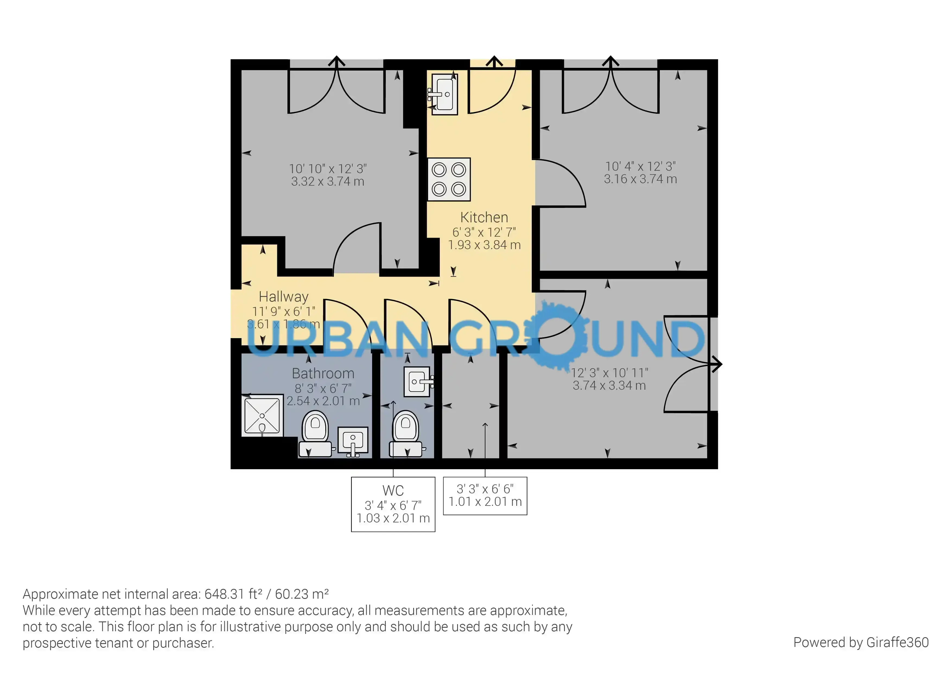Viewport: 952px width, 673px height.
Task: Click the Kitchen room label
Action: pyautogui.click(x=484, y=217)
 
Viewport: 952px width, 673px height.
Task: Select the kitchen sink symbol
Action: pyautogui.click(x=444, y=94)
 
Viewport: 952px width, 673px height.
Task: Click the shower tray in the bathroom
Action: pyautogui.click(x=262, y=415)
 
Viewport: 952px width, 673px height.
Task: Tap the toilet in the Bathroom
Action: pyautogui.click(x=315, y=434)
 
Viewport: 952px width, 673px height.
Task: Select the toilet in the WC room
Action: pyautogui.click(x=406, y=434)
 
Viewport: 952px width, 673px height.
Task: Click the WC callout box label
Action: pyautogui.click(x=393, y=491)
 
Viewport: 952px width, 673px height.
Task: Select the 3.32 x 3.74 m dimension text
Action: pyautogui.click(x=327, y=182)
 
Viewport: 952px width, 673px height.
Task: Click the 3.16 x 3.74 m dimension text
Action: pyautogui.click(x=640, y=179)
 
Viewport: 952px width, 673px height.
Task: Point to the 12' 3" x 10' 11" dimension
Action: pyautogui.click(x=610, y=373)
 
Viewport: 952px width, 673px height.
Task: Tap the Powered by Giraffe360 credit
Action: pyautogui.click(x=861, y=642)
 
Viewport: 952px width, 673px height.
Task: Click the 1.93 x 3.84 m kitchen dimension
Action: pyautogui.click(x=484, y=245)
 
